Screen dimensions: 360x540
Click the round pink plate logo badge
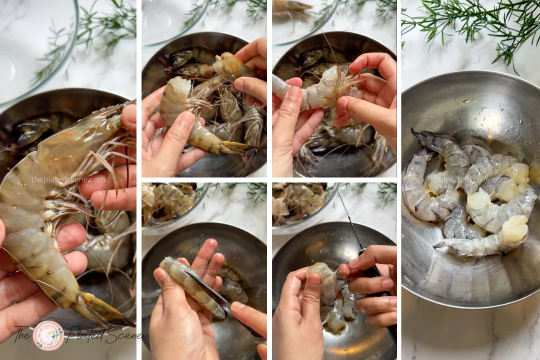(48, 335)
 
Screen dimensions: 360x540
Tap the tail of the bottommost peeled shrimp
(442, 245)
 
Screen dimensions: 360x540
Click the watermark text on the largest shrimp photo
(68, 179)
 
